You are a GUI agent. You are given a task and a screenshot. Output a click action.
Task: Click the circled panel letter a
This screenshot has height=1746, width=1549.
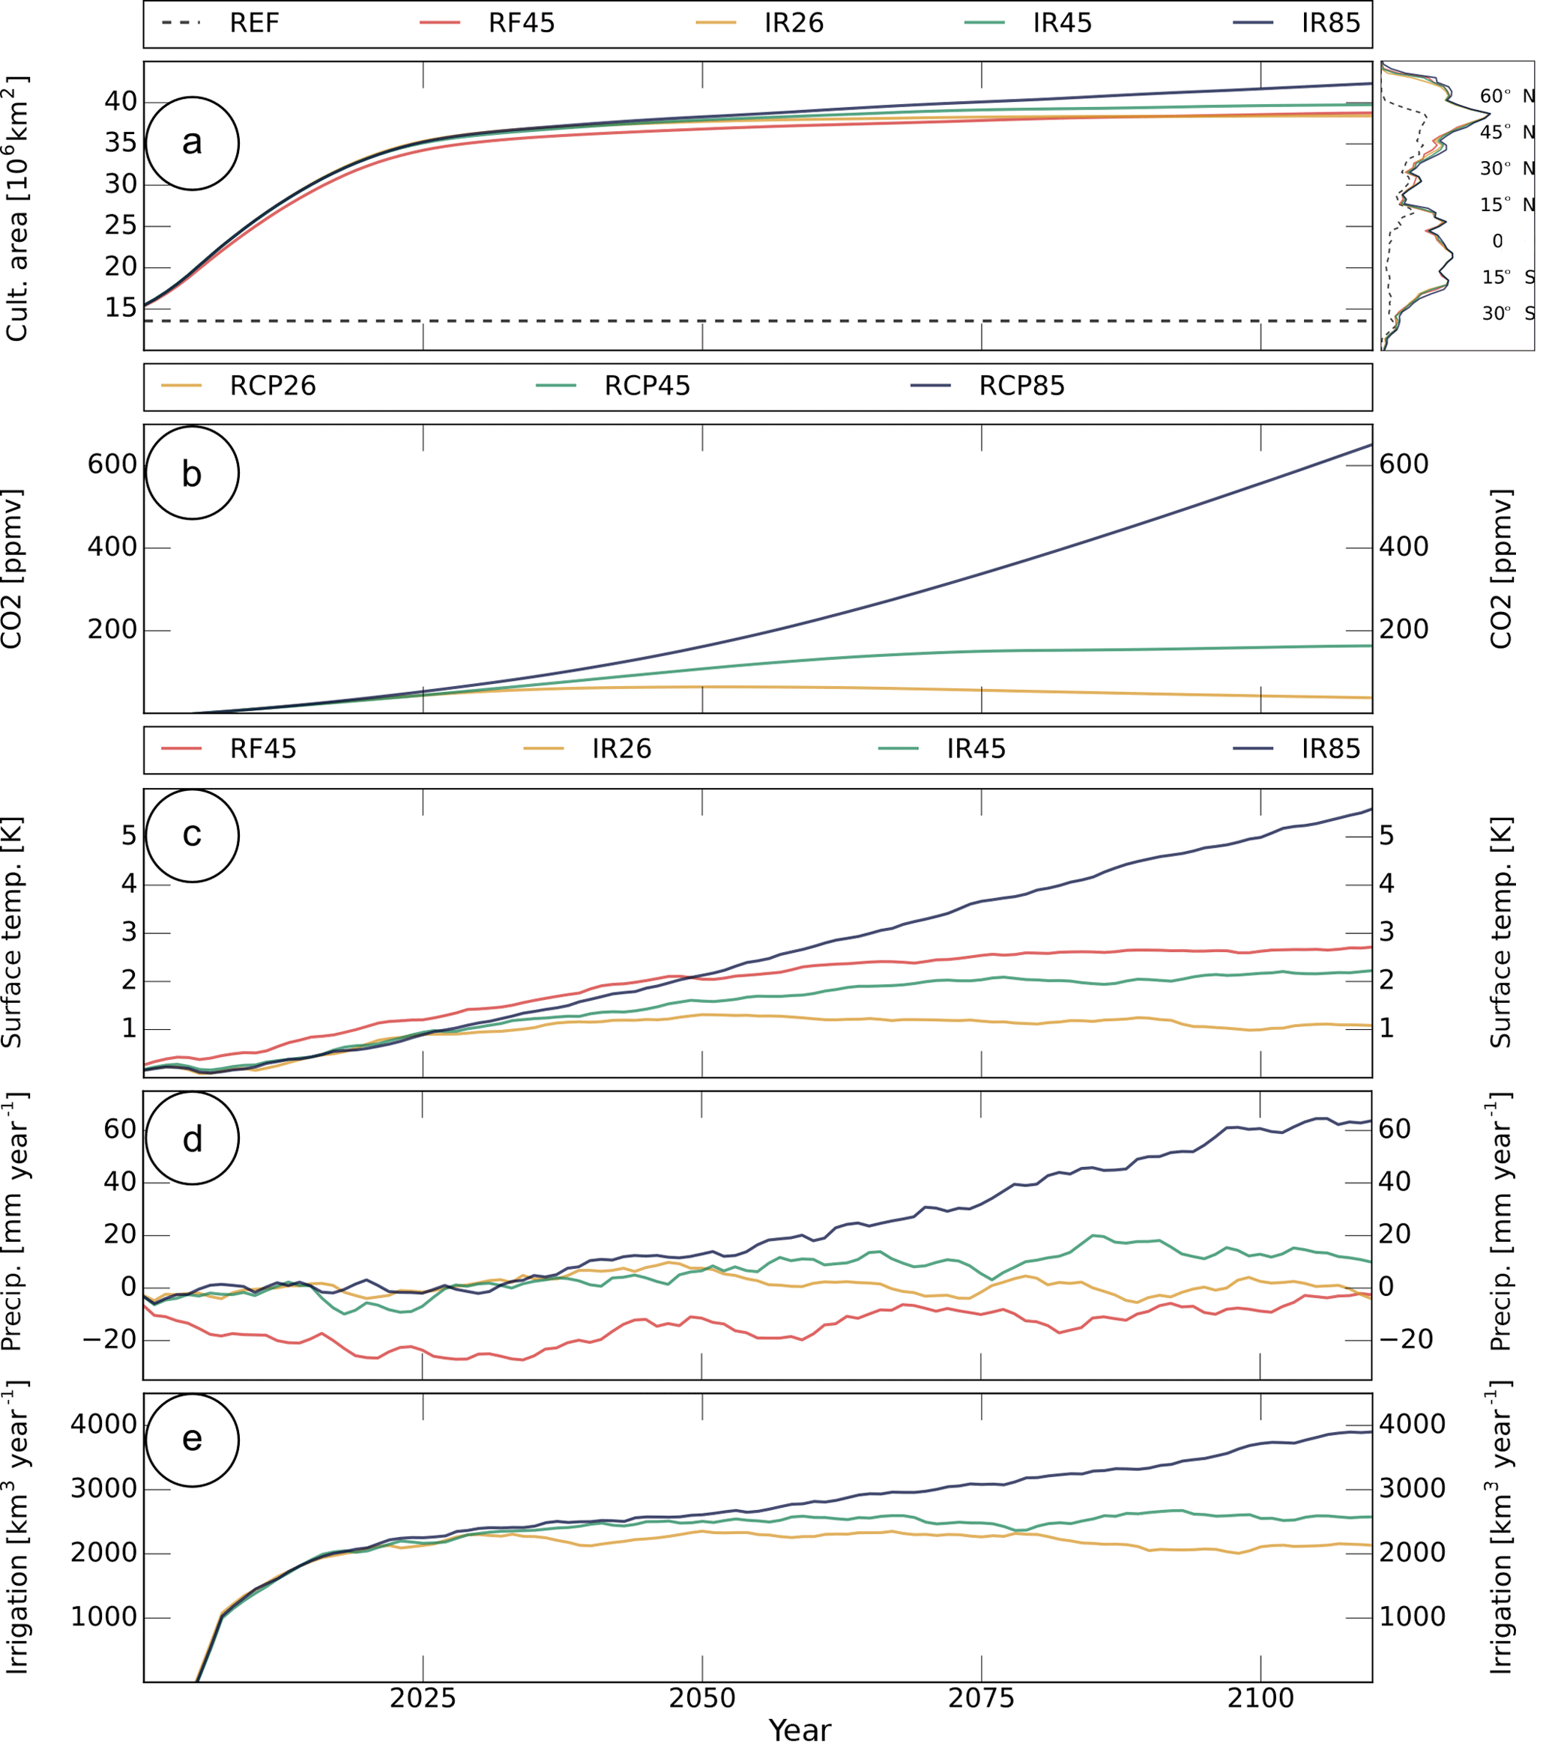coord(193,144)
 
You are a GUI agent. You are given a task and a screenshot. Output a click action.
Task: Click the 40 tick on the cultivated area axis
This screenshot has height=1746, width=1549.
coord(121,102)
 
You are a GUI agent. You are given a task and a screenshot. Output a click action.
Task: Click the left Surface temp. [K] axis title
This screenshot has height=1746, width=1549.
coord(12,933)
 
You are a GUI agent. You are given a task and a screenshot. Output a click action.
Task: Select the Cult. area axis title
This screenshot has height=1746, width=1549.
coord(17,209)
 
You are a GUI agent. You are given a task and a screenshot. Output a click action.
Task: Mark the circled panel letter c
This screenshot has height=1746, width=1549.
coord(193,835)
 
